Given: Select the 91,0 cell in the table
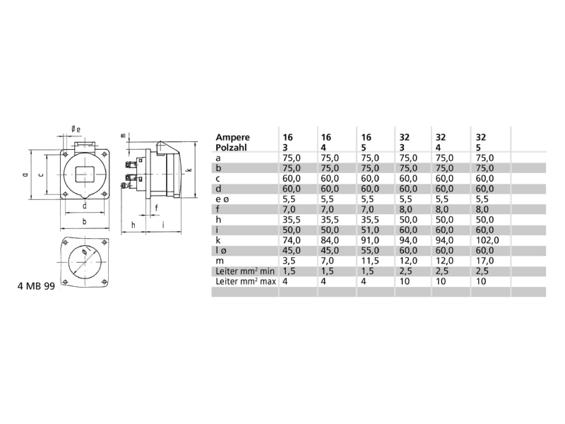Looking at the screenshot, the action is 370,240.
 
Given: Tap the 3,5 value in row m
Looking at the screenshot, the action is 290,261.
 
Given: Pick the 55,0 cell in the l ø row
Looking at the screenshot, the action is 370,250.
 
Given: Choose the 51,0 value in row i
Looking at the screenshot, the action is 370,230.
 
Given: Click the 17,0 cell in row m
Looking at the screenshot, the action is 484,261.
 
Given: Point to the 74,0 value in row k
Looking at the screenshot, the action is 292,240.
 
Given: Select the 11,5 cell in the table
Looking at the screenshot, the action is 369,261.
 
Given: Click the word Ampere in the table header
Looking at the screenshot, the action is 232,138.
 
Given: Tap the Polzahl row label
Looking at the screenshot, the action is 231,148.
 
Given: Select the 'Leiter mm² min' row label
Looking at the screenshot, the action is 245,271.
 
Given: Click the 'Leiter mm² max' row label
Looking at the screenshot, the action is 246,281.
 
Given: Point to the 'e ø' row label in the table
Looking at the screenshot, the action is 222,199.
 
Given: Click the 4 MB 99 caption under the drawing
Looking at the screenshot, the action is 36,286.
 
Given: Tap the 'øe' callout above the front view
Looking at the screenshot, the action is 76,129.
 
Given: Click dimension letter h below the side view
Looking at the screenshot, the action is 133,225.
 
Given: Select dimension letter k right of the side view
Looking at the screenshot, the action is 190,170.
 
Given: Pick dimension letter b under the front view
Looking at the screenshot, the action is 84,221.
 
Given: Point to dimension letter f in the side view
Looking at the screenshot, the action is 156,208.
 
